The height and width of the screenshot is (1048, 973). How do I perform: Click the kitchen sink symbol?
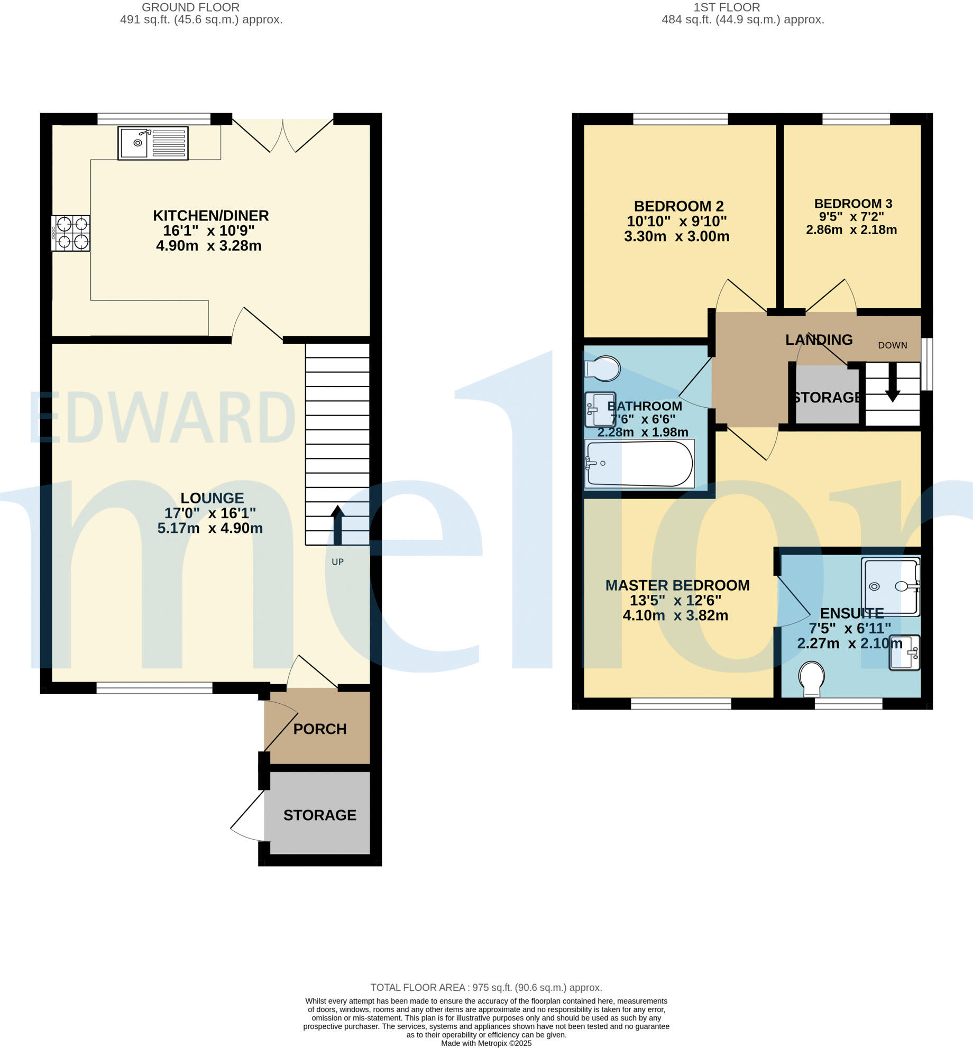pos(153,143)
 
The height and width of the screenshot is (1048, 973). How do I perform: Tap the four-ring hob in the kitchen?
pos(71,233)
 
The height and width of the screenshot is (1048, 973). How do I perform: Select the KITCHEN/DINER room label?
pos(210,216)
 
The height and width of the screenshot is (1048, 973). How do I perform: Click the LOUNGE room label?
pos(212,498)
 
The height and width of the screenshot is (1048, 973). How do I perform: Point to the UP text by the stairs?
pos(337,562)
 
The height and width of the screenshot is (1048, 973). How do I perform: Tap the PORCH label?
pos(320,729)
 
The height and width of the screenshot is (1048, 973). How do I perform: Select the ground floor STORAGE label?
pos(320,815)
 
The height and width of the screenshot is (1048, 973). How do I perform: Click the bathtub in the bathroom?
pos(639,464)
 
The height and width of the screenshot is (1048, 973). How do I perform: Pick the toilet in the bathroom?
pos(603,369)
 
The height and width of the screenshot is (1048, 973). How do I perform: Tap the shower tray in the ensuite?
pos(891,586)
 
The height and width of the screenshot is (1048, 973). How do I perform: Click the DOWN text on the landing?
pos(893,345)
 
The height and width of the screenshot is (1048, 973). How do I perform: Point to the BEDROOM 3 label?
pos(853,204)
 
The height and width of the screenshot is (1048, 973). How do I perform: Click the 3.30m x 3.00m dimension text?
pos(676,236)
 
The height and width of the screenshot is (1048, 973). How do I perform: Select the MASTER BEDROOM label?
pos(677,585)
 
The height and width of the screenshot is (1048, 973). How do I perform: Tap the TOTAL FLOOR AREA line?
pos(486,988)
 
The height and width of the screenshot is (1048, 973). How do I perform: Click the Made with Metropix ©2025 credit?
pos(486,1043)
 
